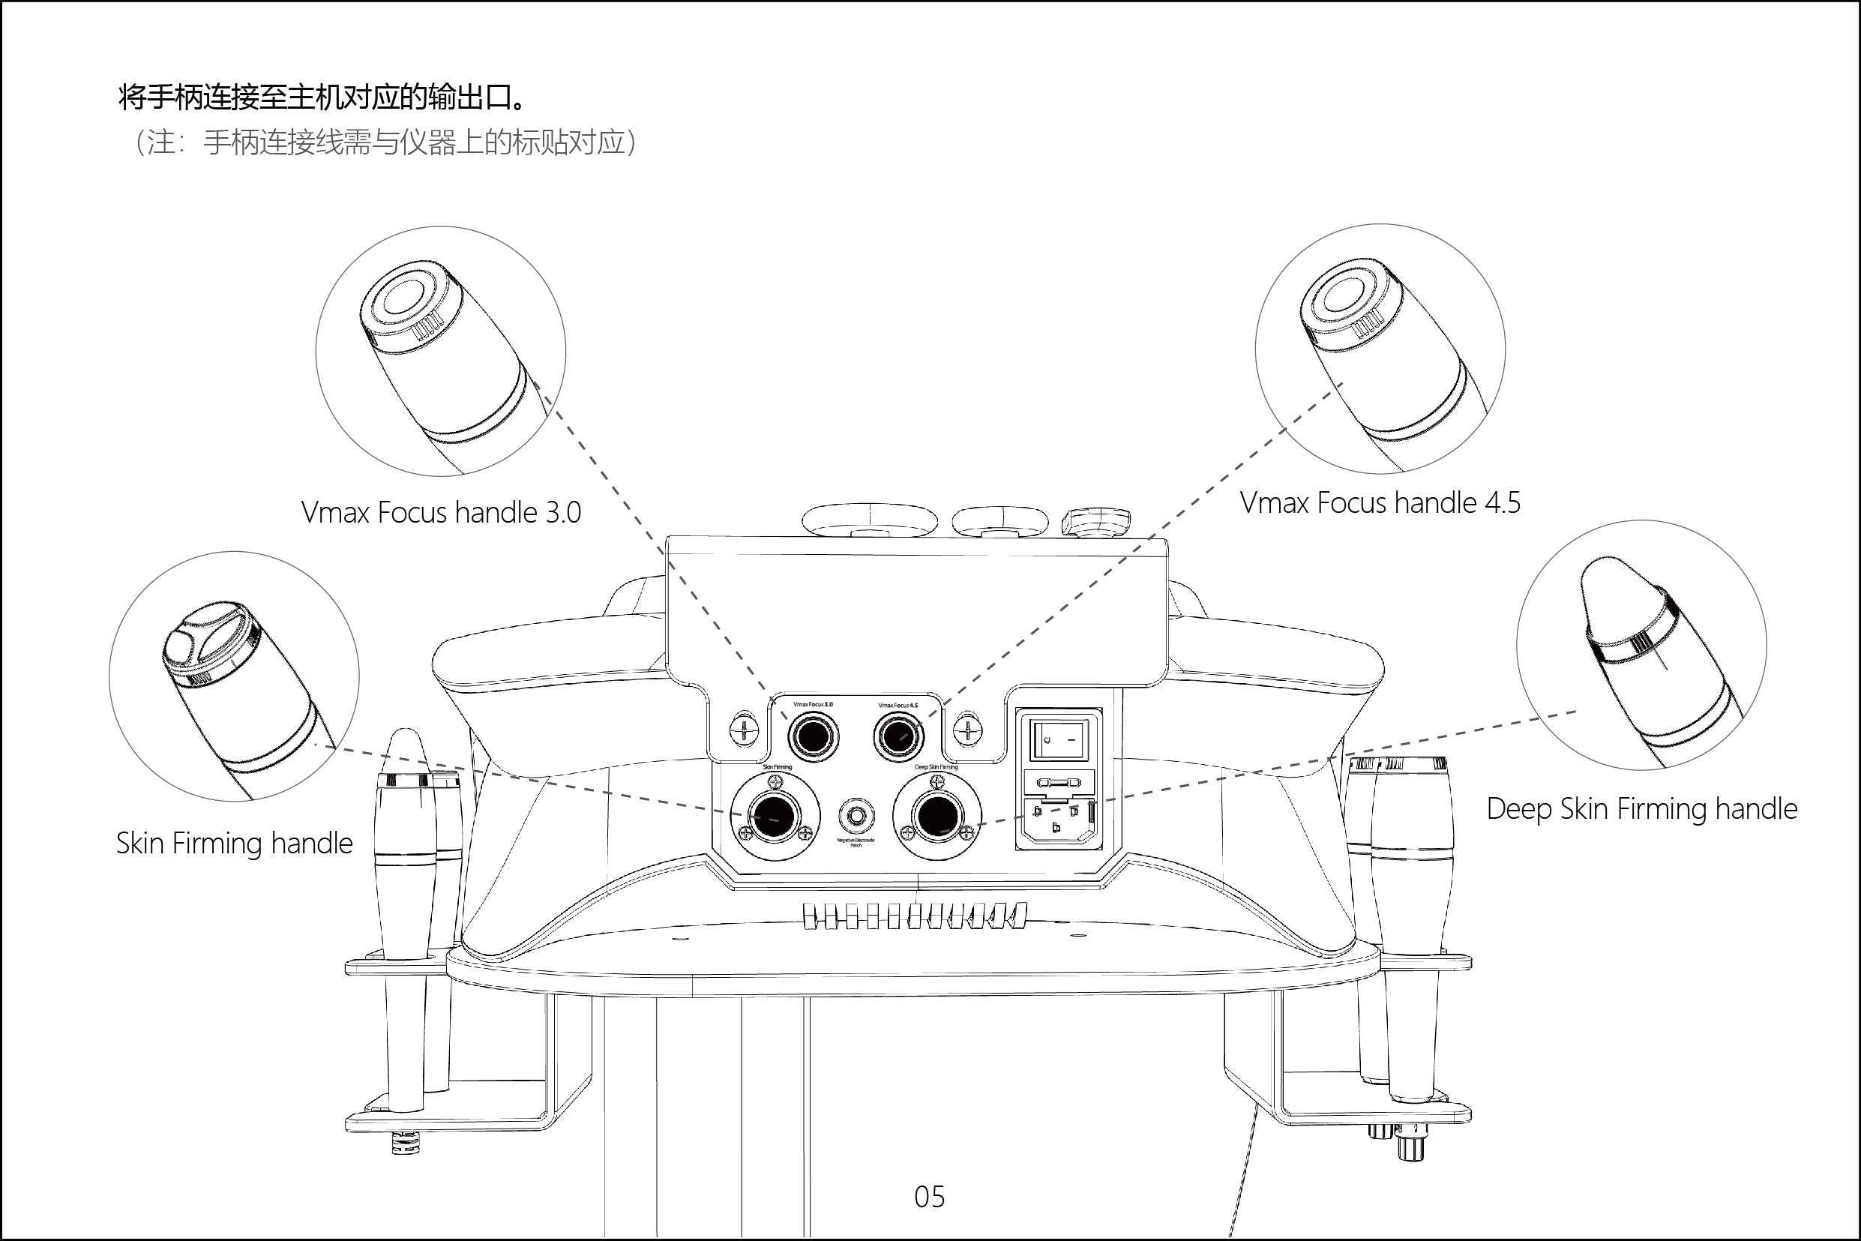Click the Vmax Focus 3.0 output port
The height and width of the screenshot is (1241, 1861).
tap(813, 737)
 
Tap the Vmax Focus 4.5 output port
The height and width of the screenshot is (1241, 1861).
tap(898, 737)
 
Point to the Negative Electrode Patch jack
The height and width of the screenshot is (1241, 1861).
tap(856, 815)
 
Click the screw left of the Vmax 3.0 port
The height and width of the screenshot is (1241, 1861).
tap(743, 729)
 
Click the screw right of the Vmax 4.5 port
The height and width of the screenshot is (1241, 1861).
tap(969, 729)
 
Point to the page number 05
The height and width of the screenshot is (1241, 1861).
tap(930, 1197)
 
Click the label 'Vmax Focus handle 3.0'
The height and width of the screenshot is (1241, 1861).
tap(441, 513)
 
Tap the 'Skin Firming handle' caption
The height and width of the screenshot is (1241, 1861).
tap(234, 844)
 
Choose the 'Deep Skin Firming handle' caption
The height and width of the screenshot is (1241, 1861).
tap(1642, 809)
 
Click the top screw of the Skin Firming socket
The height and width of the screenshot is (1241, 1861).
tap(775, 782)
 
